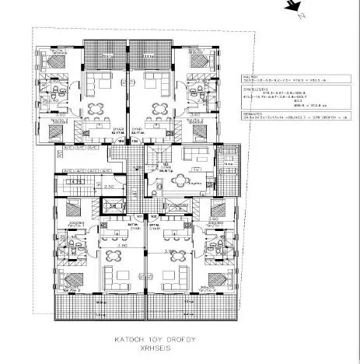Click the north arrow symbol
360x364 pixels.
coord(292,8)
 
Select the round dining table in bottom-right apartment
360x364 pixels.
coord(170,275)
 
